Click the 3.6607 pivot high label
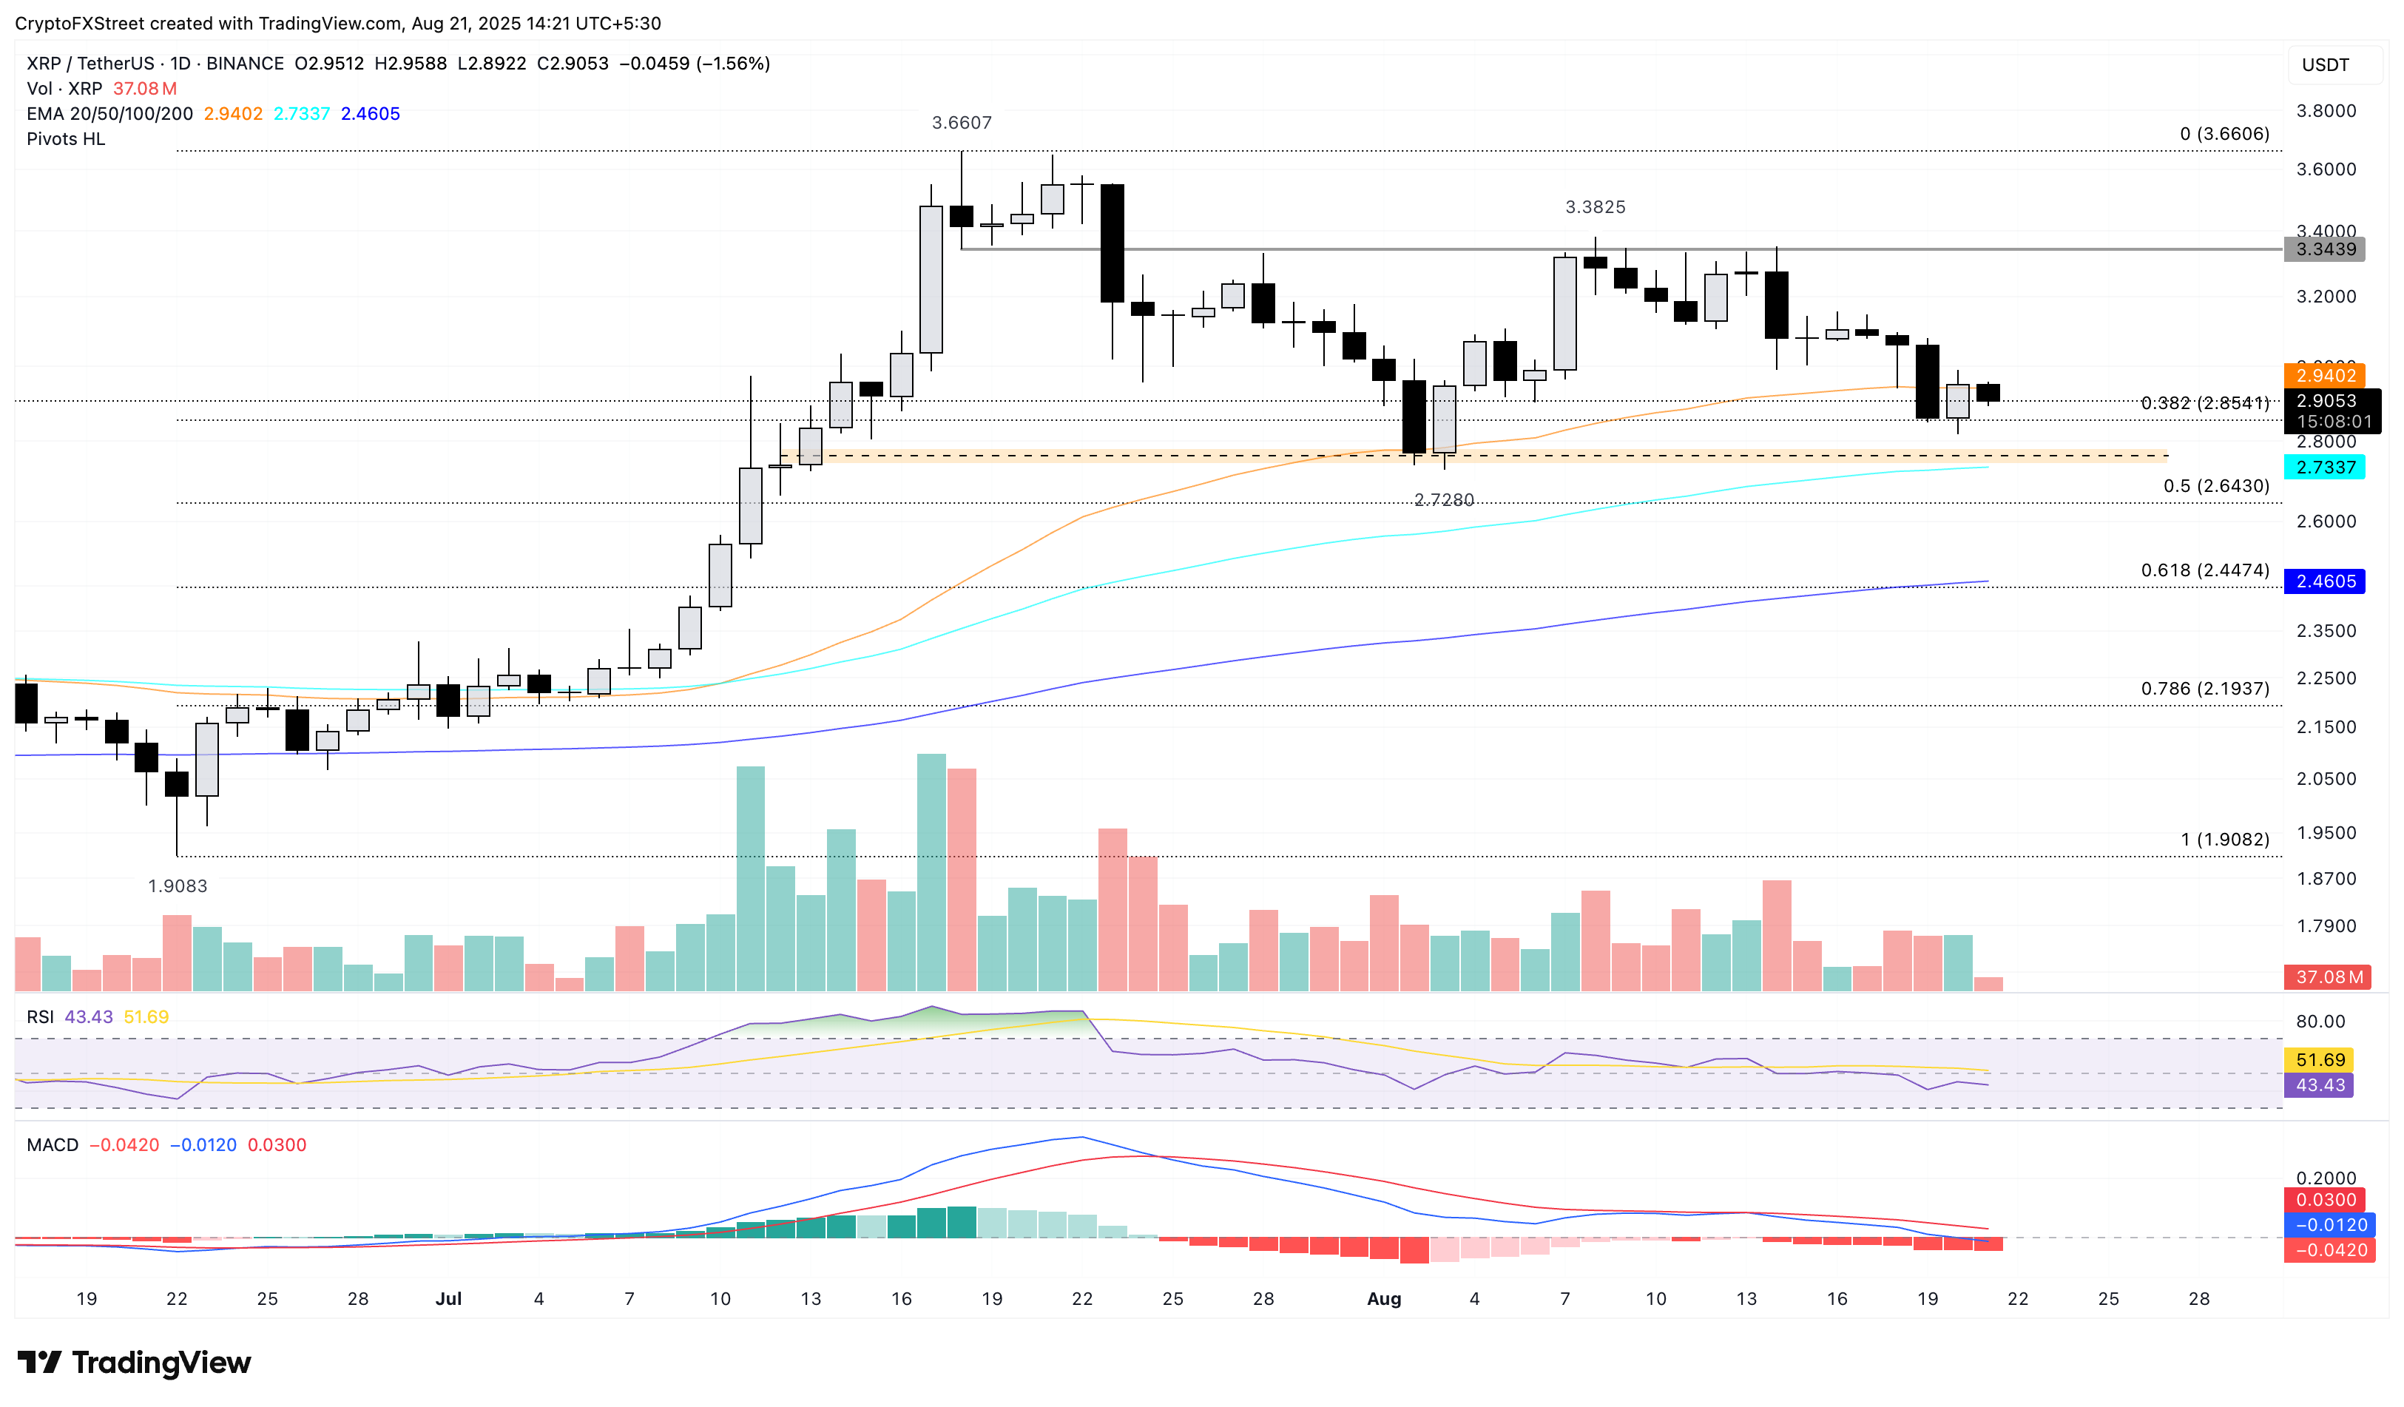pos(962,123)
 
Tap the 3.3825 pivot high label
pos(1595,207)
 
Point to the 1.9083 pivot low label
pos(178,886)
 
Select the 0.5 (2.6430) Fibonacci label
pos(2215,487)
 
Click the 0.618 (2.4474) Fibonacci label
pos(2204,570)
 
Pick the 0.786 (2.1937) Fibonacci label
pos(2204,689)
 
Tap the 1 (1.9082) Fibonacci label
pos(2225,840)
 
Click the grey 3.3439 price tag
pos(2325,250)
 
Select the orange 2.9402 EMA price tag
pos(2325,376)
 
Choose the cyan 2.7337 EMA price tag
pos(2325,468)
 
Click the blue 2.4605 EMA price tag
pos(2325,582)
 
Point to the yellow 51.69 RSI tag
pos(2319,1060)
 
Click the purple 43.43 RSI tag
pos(2319,1085)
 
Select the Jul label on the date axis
pos(448,1299)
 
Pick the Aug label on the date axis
pos(1384,1299)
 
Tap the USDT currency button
pos(2325,65)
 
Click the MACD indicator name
pos(53,1144)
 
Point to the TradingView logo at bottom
pos(135,1362)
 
